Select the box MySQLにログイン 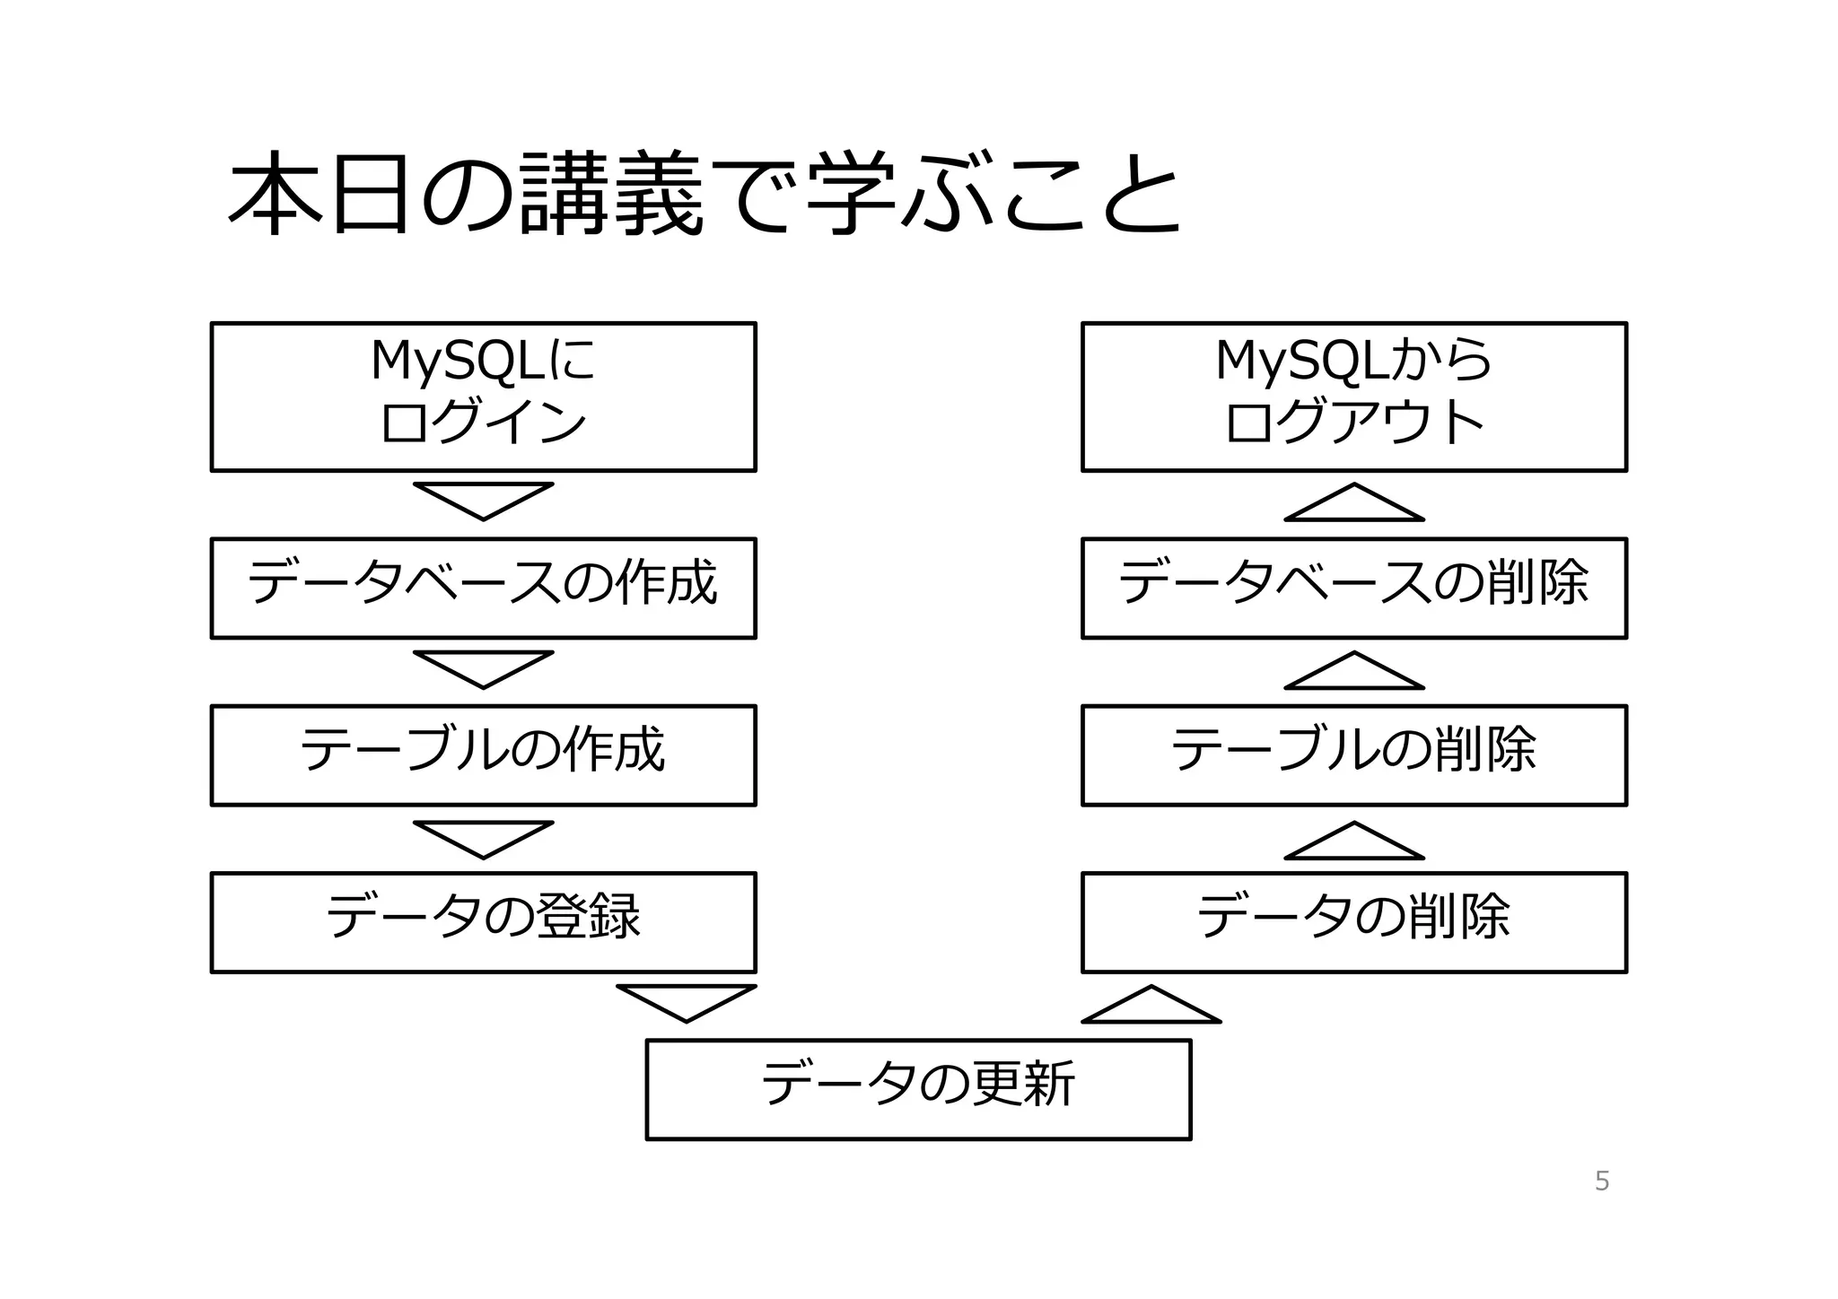483,397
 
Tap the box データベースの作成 483,588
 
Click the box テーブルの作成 483,755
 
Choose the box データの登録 483,922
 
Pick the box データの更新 918,1089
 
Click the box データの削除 1353,922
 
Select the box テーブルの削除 1353,755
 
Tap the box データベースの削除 1353,588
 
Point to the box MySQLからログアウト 1353,397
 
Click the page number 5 1602,1181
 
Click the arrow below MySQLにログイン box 483,499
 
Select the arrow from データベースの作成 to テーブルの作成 483,667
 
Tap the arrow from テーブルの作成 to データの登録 483,837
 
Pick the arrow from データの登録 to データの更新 687,1000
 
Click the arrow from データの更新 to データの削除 1151,1007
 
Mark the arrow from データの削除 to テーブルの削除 1353,844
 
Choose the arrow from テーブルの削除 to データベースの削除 1353,674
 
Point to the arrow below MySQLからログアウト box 1353,506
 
